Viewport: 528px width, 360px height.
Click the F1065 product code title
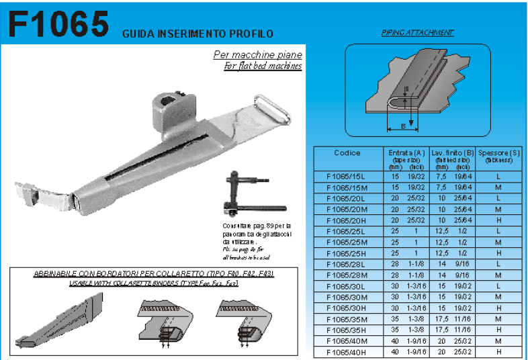(58, 24)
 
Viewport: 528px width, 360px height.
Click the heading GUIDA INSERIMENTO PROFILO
(197, 33)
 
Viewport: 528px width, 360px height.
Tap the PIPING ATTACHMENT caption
(417, 32)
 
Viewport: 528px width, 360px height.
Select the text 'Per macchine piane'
(257, 55)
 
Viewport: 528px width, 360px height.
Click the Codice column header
(347, 153)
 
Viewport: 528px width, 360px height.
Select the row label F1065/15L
(347, 176)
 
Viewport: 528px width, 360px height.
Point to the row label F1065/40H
(347, 352)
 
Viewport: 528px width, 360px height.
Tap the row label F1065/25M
(347, 242)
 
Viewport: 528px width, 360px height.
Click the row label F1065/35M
(347, 319)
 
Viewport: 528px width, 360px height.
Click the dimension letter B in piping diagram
(402, 125)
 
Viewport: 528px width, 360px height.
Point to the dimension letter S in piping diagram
(406, 89)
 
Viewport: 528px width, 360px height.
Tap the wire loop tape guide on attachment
(273, 109)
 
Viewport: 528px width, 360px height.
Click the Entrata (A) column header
(406, 153)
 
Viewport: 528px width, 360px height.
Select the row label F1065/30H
(347, 308)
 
